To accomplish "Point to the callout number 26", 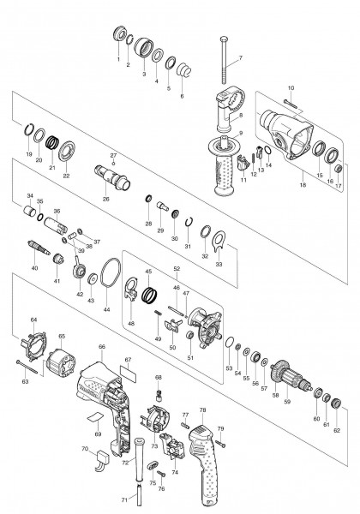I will click(106, 200).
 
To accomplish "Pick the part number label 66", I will click(102, 346).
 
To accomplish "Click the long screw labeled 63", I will click(34, 368).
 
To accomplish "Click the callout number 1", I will click(118, 59).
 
